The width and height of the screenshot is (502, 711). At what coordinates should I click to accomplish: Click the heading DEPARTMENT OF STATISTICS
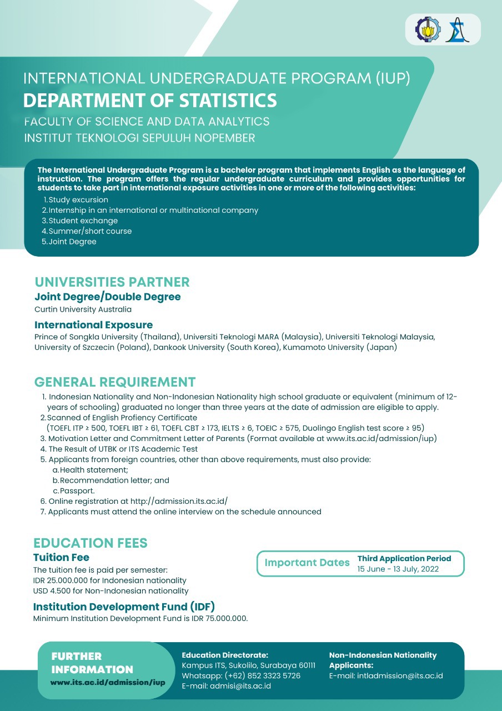pos(150,101)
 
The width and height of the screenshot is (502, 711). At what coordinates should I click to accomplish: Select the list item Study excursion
pos(78,200)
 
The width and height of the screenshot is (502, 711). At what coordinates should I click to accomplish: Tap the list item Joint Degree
pos(72,242)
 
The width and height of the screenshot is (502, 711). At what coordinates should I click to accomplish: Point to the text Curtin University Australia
pos(83,309)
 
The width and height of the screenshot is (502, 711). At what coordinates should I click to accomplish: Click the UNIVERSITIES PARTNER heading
pos(112,282)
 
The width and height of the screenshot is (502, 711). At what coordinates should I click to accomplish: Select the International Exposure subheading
pos(93,325)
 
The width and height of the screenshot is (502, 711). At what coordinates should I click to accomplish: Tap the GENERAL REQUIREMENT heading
pos(115,382)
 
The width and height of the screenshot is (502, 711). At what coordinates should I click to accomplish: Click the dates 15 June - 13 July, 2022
pos(398,569)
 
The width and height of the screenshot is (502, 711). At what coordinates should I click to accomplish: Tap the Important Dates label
pos(307,563)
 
